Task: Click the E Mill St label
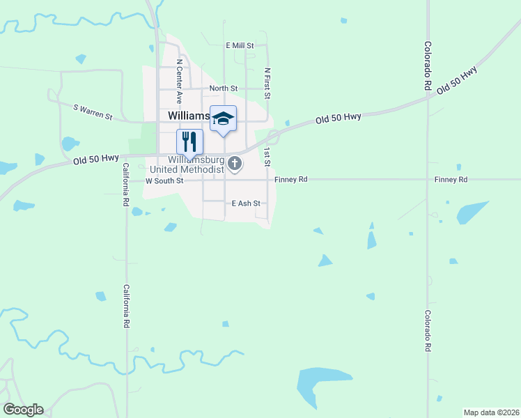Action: click(x=240, y=45)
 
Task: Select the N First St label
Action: click(x=267, y=82)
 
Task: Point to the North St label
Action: click(x=224, y=88)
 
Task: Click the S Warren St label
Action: click(x=93, y=111)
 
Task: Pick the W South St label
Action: click(x=164, y=180)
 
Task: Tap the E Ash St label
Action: click(x=245, y=203)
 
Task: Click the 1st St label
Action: click(x=267, y=157)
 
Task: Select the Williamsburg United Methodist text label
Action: click(x=187, y=164)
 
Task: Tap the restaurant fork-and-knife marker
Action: click(x=189, y=142)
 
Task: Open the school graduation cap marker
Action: click(x=223, y=118)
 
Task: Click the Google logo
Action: click(x=23, y=410)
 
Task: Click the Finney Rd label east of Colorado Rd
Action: click(x=451, y=180)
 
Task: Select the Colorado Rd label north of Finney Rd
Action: click(x=427, y=66)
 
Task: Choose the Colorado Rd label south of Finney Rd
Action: click(x=427, y=331)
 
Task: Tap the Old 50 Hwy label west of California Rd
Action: click(x=96, y=160)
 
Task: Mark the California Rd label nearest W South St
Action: click(x=127, y=185)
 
